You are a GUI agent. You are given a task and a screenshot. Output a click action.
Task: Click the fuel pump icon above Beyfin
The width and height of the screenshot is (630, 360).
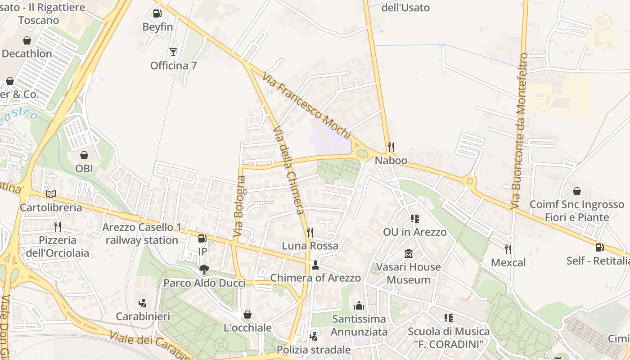157,13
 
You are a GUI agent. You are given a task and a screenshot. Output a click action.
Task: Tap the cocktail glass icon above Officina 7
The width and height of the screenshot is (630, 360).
173,52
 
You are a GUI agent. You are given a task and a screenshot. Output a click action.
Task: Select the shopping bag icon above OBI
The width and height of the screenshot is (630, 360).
84,155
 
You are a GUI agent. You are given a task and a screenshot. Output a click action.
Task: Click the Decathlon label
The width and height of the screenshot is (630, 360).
27,54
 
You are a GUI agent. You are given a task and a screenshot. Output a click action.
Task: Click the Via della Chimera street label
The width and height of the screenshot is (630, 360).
289,170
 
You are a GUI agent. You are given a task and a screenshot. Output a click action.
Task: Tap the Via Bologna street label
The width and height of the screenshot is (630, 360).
239,206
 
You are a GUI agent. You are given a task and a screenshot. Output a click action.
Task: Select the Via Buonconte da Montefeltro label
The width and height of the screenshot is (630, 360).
519,130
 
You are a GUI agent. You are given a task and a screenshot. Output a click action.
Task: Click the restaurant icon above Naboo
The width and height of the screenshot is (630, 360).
391,147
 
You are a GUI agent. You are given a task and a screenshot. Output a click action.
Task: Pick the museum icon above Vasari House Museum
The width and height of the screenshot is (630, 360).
409,254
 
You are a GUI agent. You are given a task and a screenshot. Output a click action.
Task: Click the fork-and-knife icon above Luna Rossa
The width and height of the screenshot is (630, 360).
310,233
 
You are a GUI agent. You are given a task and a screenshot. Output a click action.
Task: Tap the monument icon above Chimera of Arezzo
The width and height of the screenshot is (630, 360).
315,265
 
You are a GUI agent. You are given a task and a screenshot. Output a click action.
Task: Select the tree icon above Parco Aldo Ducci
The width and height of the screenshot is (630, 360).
204,270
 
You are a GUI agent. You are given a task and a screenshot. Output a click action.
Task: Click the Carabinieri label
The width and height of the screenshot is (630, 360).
143,316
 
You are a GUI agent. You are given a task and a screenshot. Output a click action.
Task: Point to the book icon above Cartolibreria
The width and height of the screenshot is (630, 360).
51,194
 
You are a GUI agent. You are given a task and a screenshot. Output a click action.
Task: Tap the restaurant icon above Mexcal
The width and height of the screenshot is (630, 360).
508,249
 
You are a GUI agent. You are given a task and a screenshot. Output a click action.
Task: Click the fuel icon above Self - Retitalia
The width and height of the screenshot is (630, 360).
599,247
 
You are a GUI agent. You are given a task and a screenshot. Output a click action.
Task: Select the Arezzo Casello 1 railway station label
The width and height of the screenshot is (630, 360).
142,234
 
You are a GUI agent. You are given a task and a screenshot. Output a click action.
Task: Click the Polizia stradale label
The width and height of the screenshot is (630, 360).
314,350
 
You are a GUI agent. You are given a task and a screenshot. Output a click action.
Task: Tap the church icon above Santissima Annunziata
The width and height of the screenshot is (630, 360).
359,306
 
